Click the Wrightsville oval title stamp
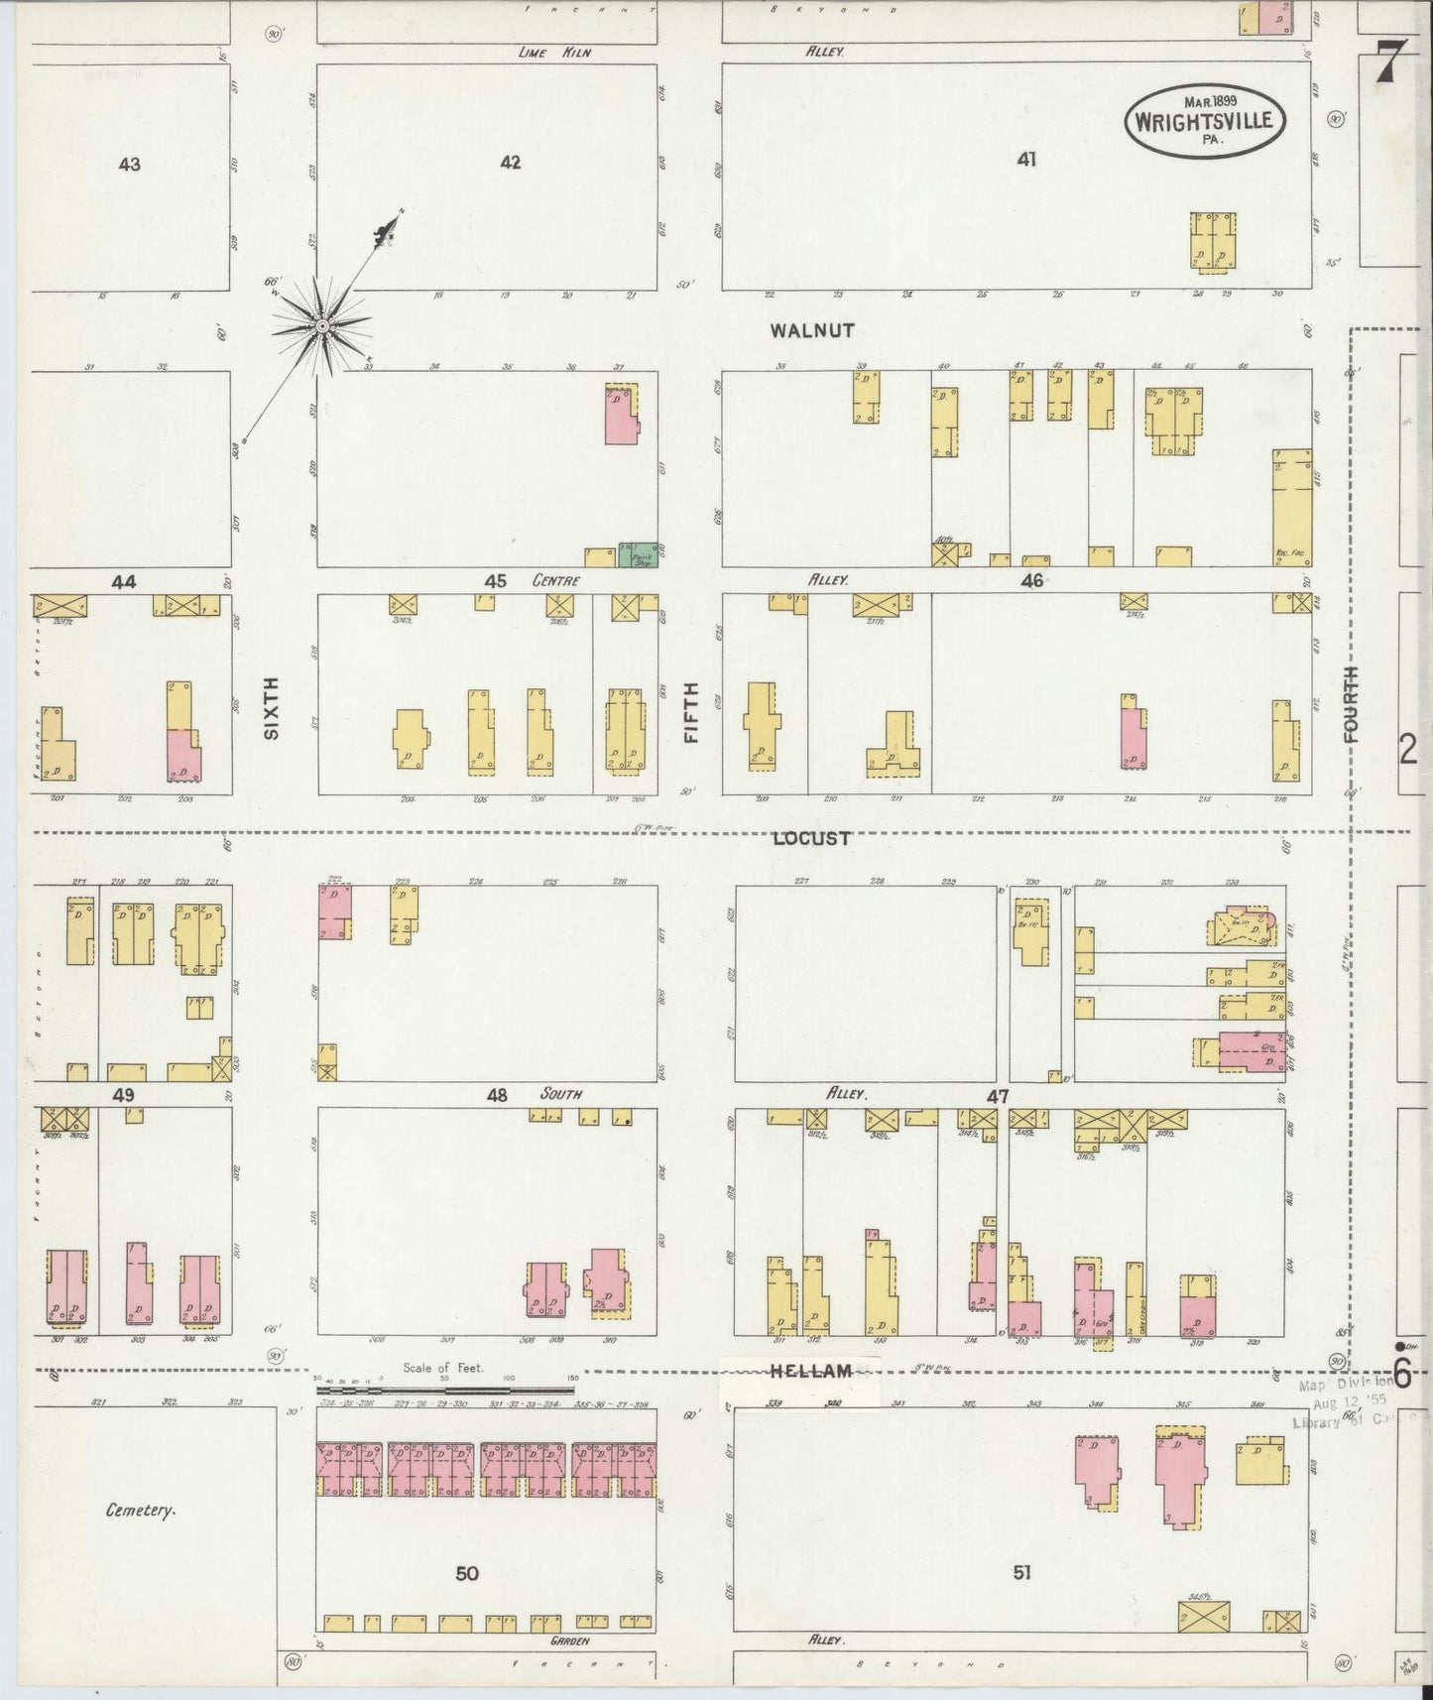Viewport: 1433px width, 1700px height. [1205, 120]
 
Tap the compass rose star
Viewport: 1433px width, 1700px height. [321, 325]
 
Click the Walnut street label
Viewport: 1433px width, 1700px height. [812, 331]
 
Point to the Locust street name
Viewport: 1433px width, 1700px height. [811, 838]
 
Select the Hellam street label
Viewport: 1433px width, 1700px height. [811, 1371]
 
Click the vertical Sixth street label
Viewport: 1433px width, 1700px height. [271, 707]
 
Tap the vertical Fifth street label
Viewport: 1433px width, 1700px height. [691, 712]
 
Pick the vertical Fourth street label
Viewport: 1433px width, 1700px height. [1351, 705]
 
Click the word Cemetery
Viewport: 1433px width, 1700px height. [141, 1511]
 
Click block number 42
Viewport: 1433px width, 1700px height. [510, 163]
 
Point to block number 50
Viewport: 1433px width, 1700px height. [467, 1573]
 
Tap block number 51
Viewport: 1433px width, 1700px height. [1021, 1572]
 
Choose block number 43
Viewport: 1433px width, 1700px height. [129, 165]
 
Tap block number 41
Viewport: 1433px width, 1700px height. [1026, 159]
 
